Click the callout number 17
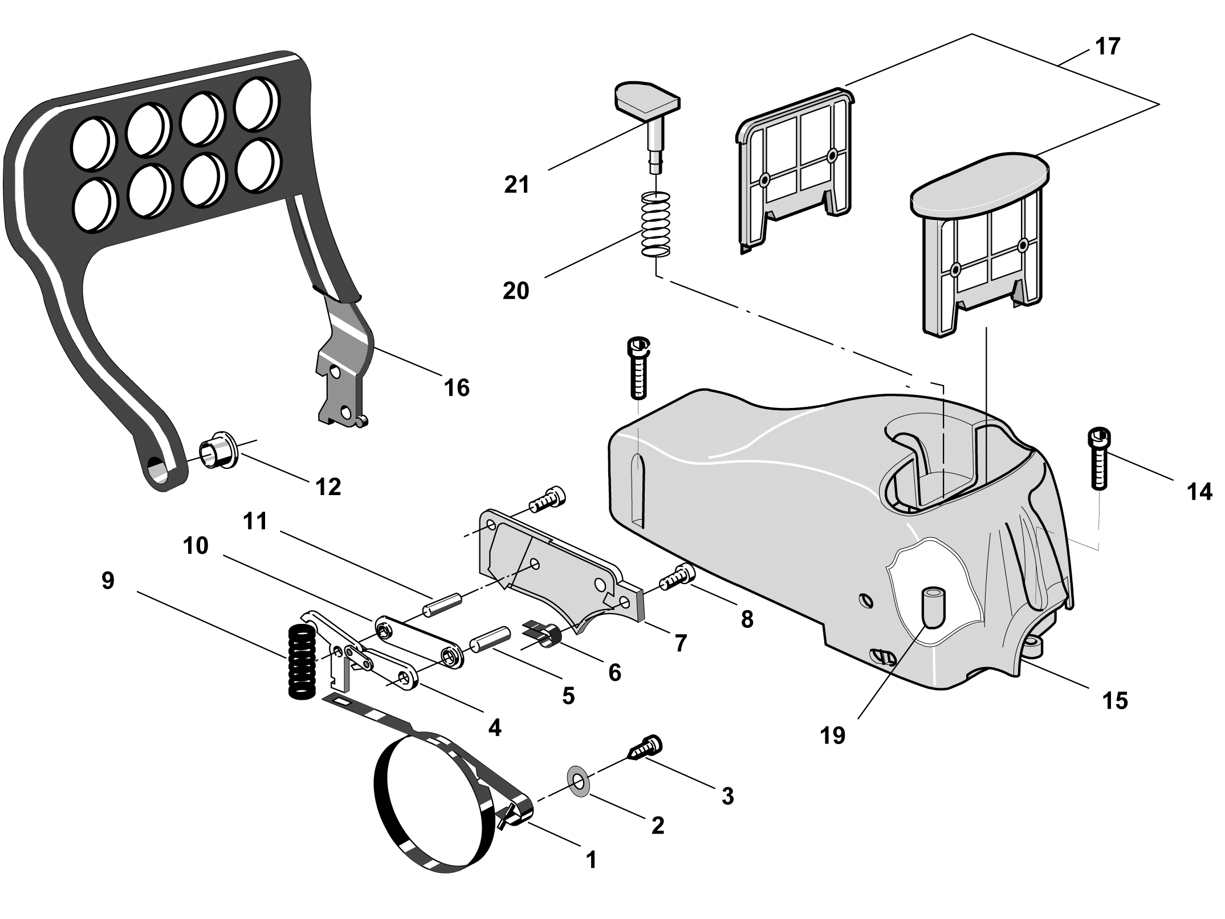[1108, 47]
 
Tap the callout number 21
[517, 185]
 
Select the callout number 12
[328, 487]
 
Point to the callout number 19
[833, 736]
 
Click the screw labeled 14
[1100, 464]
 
